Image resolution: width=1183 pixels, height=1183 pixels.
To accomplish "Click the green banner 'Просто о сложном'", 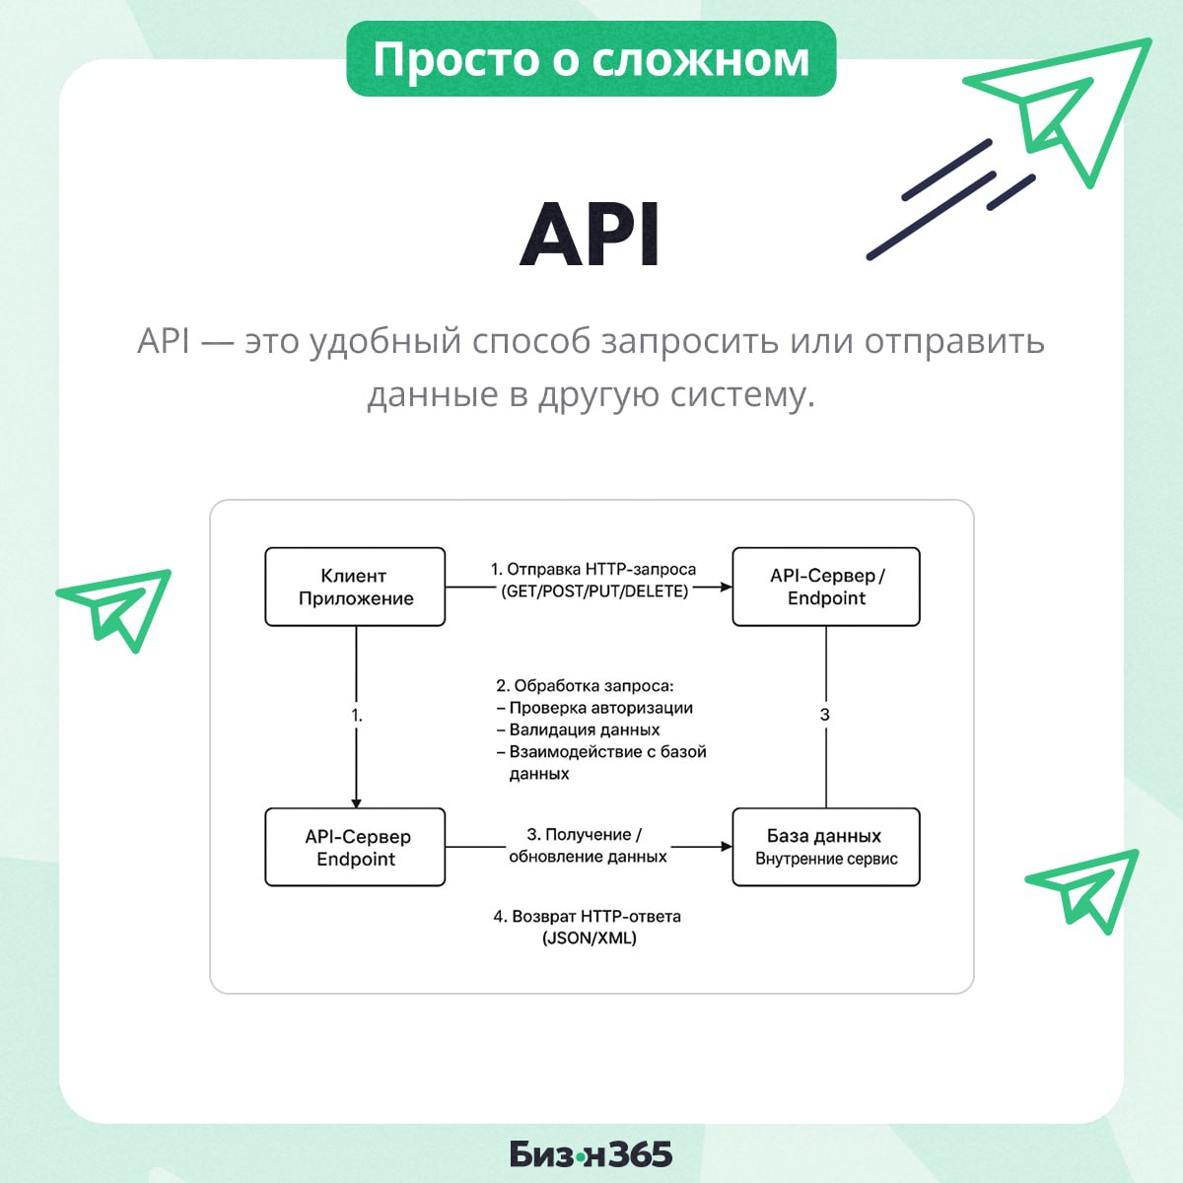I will (591, 59).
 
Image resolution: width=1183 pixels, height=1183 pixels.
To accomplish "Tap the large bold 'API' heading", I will (591, 236).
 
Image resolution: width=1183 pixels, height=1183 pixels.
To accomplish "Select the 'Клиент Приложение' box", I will (355, 587).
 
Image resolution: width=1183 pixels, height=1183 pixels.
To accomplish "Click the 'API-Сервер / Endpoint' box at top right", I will (826, 587).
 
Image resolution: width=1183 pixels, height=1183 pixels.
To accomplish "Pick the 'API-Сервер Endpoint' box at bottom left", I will (355, 847).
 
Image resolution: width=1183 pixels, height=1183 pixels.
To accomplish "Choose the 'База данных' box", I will (826, 847).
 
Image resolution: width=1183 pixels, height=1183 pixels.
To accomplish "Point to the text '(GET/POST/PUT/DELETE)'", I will (594, 591).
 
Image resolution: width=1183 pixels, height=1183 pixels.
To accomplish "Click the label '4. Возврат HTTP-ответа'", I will (587, 916).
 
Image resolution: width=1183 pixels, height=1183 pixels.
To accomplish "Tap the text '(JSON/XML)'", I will (590, 939).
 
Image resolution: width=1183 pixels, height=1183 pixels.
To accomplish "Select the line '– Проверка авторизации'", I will (594, 708).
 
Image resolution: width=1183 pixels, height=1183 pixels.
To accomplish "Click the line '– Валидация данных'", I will (579, 730).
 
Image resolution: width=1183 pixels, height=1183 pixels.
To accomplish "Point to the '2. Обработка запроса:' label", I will (585, 685).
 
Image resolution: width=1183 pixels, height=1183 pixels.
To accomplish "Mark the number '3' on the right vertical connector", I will (825, 715).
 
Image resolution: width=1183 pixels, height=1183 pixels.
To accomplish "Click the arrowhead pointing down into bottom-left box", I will (356, 802).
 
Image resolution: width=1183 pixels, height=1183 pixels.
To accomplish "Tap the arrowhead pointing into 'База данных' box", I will (727, 847).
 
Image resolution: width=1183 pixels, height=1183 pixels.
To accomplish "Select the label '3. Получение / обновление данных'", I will (589, 846).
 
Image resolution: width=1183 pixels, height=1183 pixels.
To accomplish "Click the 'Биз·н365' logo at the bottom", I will (591, 1153).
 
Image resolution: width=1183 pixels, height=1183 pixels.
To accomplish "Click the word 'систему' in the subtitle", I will (742, 394).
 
